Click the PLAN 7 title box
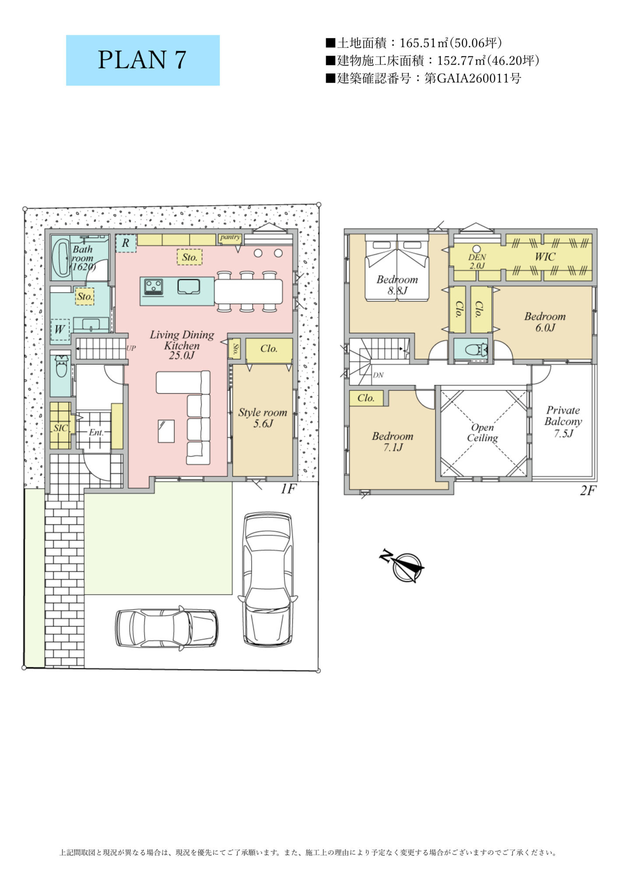143,60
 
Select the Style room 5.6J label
263,418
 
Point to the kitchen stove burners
154,287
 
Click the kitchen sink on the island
189,287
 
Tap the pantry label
230,237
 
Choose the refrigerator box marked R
126,243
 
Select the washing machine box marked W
60,329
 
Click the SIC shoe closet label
60,428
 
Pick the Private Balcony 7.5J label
563,422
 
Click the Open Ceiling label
482,433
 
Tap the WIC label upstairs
545,257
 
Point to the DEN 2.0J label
477,261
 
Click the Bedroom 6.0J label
545,322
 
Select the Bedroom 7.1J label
393,441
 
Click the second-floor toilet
475,350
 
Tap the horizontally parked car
167,628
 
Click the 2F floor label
588,491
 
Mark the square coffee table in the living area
166,431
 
